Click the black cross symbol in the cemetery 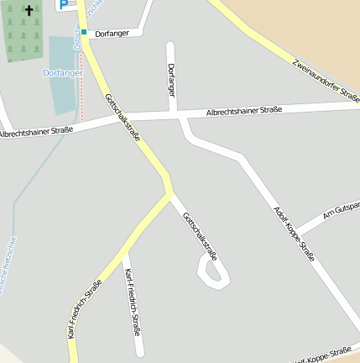[x=29, y=12]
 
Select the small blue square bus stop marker [x=84, y=33]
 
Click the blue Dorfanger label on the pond [x=63, y=73]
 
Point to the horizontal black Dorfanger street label [x=112, y=34]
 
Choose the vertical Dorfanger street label [x=172, y=78]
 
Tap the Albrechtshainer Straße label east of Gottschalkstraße [x=243, y=111]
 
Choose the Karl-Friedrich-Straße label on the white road [x=132, y=302]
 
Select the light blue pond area [x=63, y=92]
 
